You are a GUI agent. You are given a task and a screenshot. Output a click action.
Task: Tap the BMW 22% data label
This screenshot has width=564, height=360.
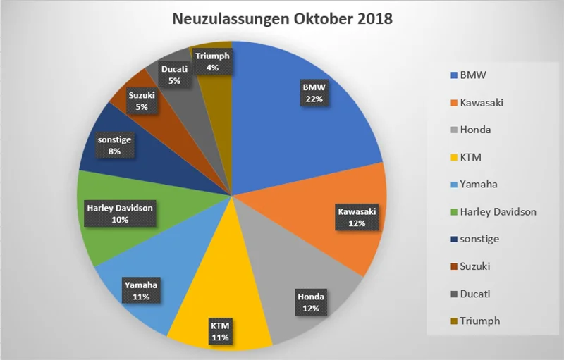(x=314, y=93)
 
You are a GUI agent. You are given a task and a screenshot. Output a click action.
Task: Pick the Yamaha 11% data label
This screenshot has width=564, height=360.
(x=141, y=291)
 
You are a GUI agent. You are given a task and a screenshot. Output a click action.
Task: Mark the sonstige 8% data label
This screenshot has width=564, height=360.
(x=114, y=144)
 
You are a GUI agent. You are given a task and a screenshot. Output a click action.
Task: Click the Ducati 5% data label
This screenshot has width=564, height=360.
(x=174, y=75)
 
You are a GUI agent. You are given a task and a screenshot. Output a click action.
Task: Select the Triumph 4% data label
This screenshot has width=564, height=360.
(x=212, y=62)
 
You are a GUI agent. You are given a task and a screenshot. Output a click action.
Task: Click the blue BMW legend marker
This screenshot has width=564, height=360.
(x=452, y=75)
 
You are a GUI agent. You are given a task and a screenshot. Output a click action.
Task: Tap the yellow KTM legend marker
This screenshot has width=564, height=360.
(x=452, y=157)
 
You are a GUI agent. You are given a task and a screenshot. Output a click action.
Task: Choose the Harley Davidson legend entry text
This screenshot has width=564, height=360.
(x=498, y=211)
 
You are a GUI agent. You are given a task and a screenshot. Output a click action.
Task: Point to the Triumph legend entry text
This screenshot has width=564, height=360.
(x=479, y=321)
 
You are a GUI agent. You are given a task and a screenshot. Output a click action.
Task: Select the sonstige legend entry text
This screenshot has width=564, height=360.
(x=479, y=239)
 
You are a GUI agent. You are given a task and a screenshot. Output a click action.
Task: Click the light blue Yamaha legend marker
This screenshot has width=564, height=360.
(x=452, y=185)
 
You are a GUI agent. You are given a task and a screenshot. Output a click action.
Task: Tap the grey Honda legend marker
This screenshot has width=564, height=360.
(x=452, y=130)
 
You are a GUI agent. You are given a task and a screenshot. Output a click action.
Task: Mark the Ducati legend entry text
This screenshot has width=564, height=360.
(x=477, y=293)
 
